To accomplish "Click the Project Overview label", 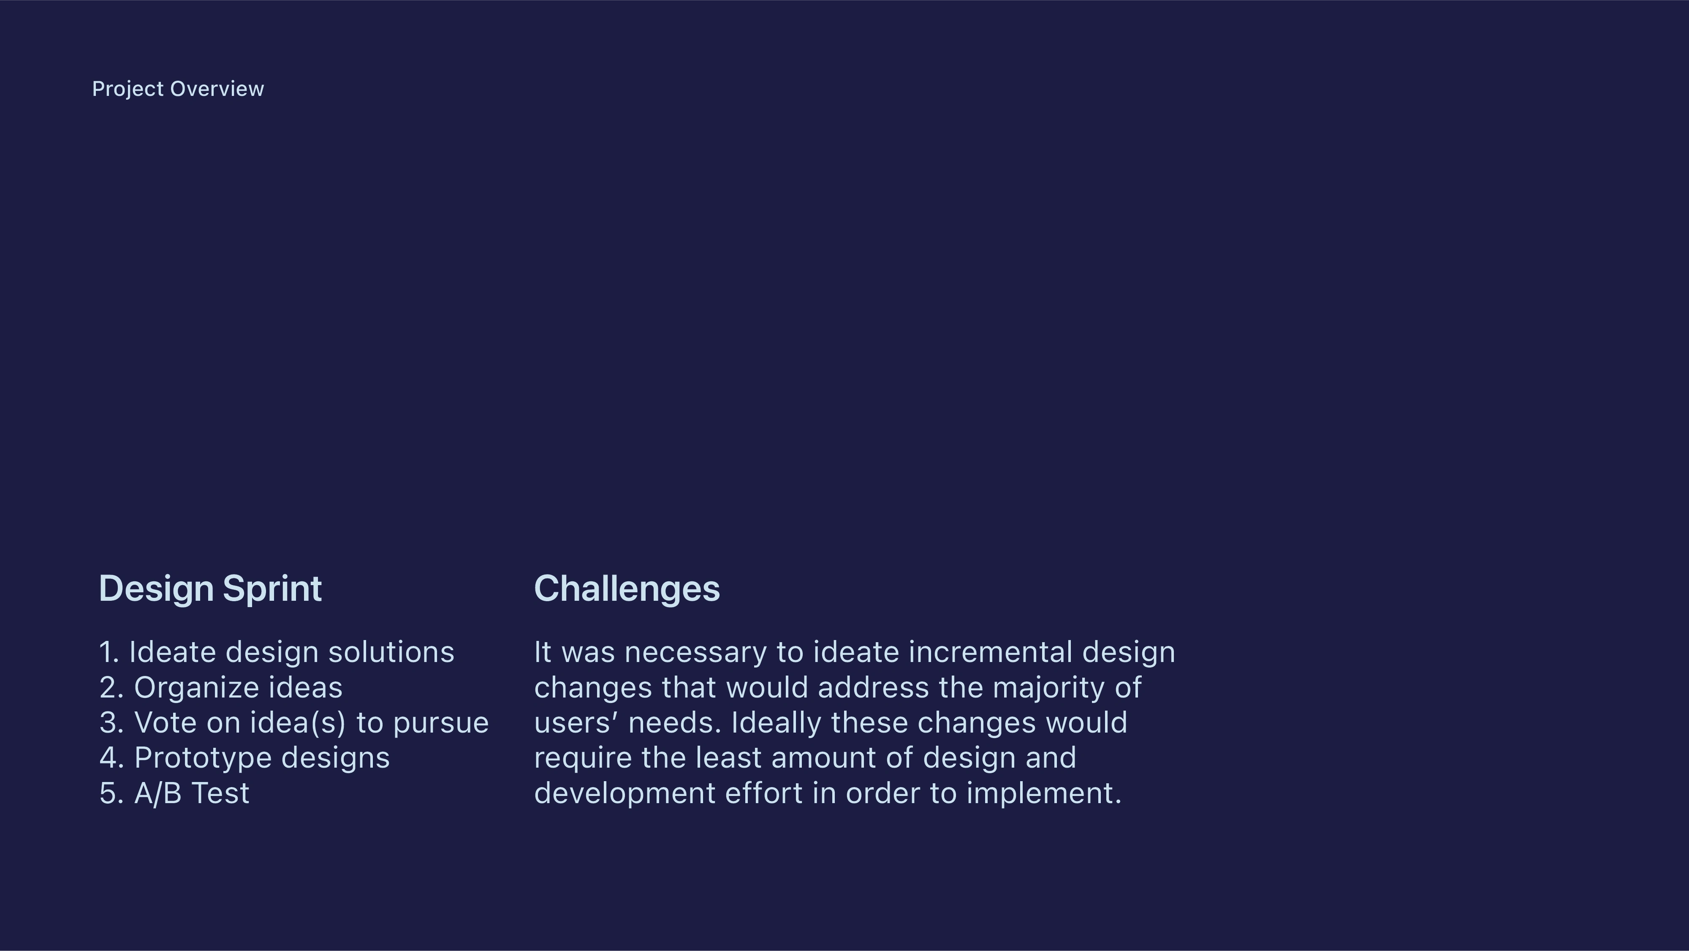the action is (x=178, y=89).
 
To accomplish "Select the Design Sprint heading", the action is (x=210, y=589).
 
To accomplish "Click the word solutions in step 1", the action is (x=391, y=652).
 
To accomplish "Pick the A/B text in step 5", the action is (x=158, y=793).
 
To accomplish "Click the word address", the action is (x=873, y=688).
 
